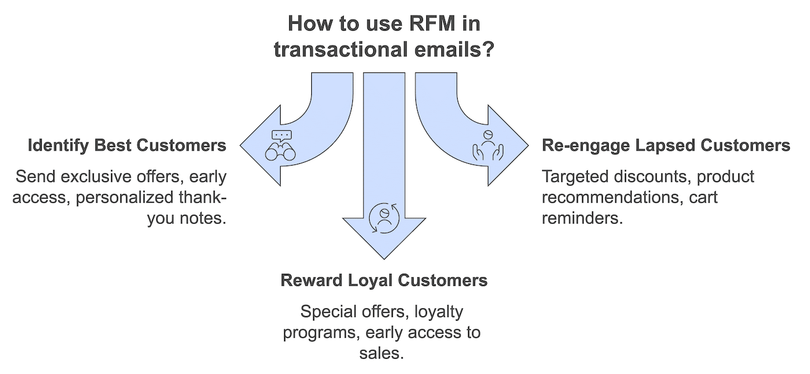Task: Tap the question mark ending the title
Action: tap(488, 49)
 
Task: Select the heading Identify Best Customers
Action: tap(127, 145)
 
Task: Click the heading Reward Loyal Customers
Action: tap(384, 280)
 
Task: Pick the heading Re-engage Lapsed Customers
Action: tap(666, 145)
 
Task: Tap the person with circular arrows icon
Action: tap(384, 218)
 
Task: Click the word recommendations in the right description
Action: tap(610, 197)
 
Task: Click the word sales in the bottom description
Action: tap(380, 353)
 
